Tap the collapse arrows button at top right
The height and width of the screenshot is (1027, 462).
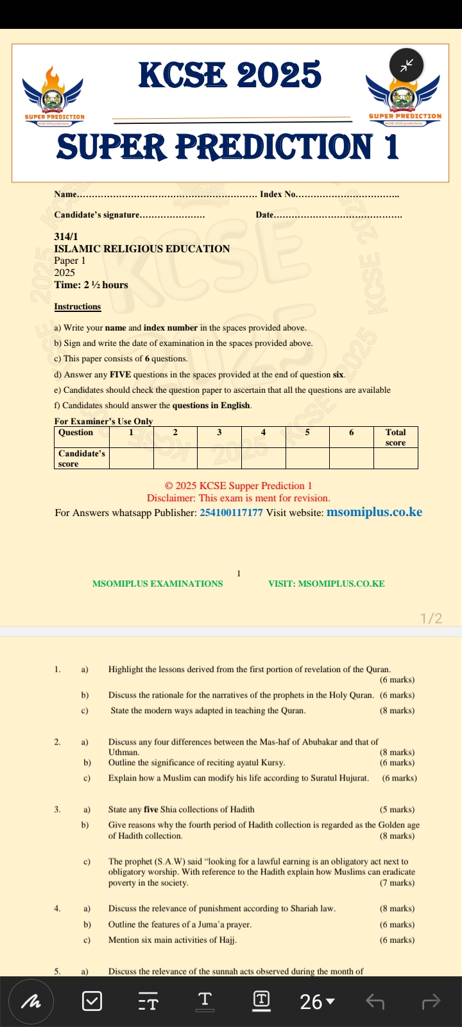coord(406,65)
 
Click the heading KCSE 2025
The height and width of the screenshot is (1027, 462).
coord(230,75)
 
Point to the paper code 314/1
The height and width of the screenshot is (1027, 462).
coord(66,237)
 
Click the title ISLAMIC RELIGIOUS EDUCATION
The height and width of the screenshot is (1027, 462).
coord(142,249)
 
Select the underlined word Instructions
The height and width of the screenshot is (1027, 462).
coord(78,307)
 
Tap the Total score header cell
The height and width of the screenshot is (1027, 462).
coord(395,437)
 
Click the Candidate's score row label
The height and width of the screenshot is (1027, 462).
coord(81,458)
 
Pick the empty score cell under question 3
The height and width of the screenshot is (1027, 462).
coord(219,458)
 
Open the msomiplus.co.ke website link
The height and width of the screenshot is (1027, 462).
coord(374,512)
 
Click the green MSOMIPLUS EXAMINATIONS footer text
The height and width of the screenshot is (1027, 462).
coord(158,584)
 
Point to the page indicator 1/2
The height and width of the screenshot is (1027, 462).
coord(431,618)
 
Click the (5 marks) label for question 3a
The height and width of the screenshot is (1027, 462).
coord(397,809)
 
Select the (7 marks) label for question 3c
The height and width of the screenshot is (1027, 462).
coord(397,883)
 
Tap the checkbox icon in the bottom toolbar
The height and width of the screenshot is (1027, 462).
coord(92,1001)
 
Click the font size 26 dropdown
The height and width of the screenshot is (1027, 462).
coord(317,1001)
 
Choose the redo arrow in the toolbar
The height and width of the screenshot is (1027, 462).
coord(431,1001)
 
